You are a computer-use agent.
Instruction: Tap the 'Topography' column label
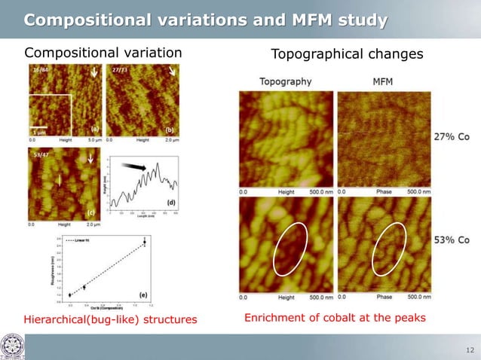click(x=285, y=81)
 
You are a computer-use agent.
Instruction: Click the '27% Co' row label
click(x=452, y=137)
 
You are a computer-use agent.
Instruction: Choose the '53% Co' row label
click(x=452, y=240)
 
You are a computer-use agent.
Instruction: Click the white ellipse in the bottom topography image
click(x=288, y=250)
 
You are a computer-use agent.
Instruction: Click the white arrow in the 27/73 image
click(x=173, y=73)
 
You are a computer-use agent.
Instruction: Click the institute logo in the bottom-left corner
click(x=13, y=344)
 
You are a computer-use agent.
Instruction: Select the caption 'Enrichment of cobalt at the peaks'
click(x=335, y=319)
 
